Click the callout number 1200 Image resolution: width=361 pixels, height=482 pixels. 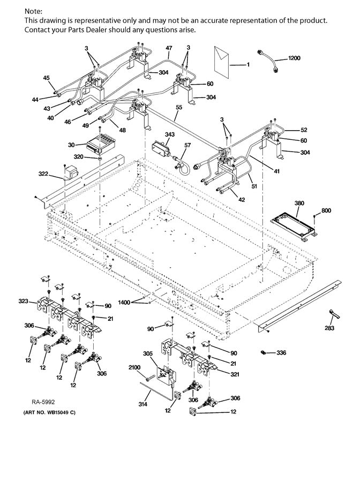point(295,57)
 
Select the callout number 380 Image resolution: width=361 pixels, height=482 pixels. point(299,203)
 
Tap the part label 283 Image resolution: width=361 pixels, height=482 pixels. point(331,329)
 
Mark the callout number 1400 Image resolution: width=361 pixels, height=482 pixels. point(124,303)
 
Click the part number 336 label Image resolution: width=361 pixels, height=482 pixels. point(282,353)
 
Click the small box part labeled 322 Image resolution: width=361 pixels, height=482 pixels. point(71,173)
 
